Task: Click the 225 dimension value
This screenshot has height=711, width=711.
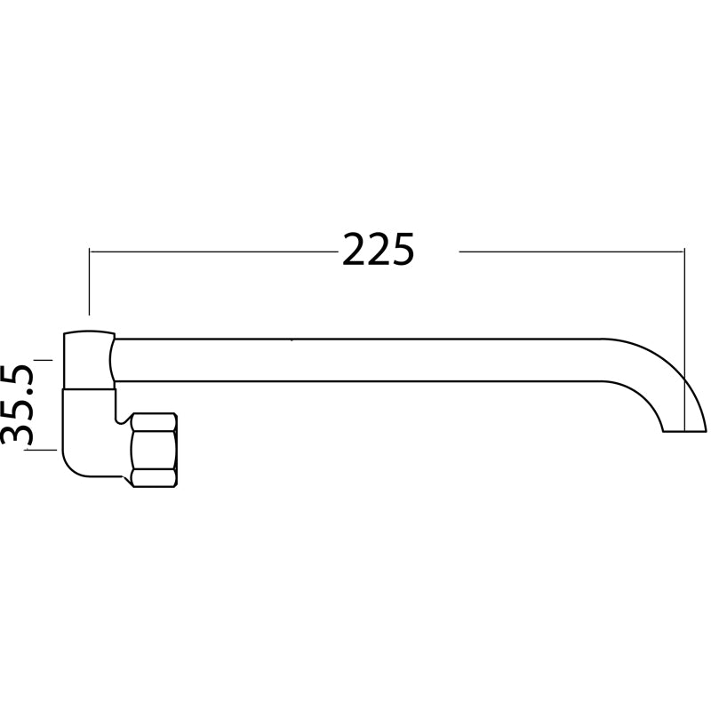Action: pos(379,252)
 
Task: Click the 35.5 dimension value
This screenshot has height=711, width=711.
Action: pos(18,403)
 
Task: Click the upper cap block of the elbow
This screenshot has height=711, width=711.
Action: pos(88,360)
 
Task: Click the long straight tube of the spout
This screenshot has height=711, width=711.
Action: pos(355,360)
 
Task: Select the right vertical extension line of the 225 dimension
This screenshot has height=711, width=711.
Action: pos(684,311)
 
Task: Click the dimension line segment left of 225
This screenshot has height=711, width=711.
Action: pos(213,252)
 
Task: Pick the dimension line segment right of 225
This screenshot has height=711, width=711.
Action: pos(569,252)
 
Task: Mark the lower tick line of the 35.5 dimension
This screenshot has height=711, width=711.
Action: pos(43,450)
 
